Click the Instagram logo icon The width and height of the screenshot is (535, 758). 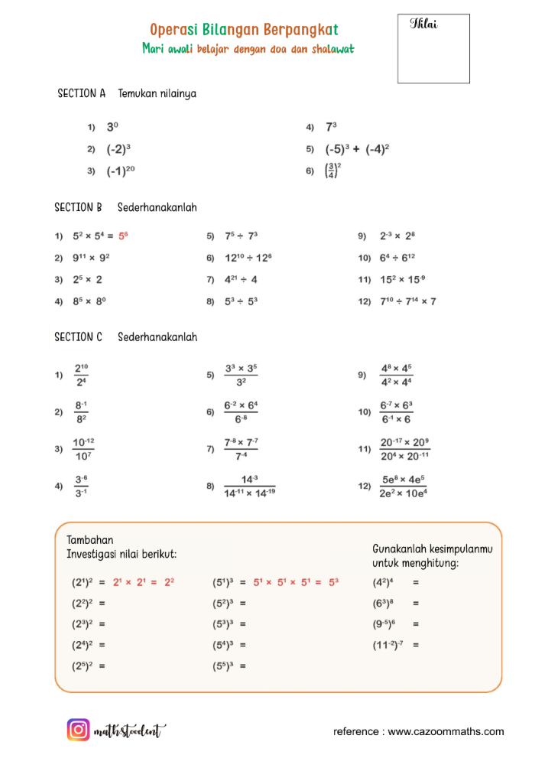click(x=79, y=730)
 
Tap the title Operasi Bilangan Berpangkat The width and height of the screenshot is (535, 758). click(x=244, y=30)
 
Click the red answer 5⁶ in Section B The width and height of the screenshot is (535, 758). click(x=123, y=236)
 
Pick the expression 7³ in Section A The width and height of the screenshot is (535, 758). click(x=332, y=128)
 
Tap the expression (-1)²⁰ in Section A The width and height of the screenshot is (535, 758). click(x=121, y=171)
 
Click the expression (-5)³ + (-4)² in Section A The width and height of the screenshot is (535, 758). click(x=358, y=149)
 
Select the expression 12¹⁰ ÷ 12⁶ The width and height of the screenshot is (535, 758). click(x=247, y=258)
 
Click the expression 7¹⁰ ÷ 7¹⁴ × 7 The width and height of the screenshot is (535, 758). click(x=408, y=301)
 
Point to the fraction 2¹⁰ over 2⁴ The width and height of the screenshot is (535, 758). click(x=81, y=375)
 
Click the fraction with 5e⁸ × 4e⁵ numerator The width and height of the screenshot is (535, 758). click(x=404, y=486)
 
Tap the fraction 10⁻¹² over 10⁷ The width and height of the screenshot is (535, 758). click(x=83, y=449)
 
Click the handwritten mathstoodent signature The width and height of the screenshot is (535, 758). click(x=130, y=731)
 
